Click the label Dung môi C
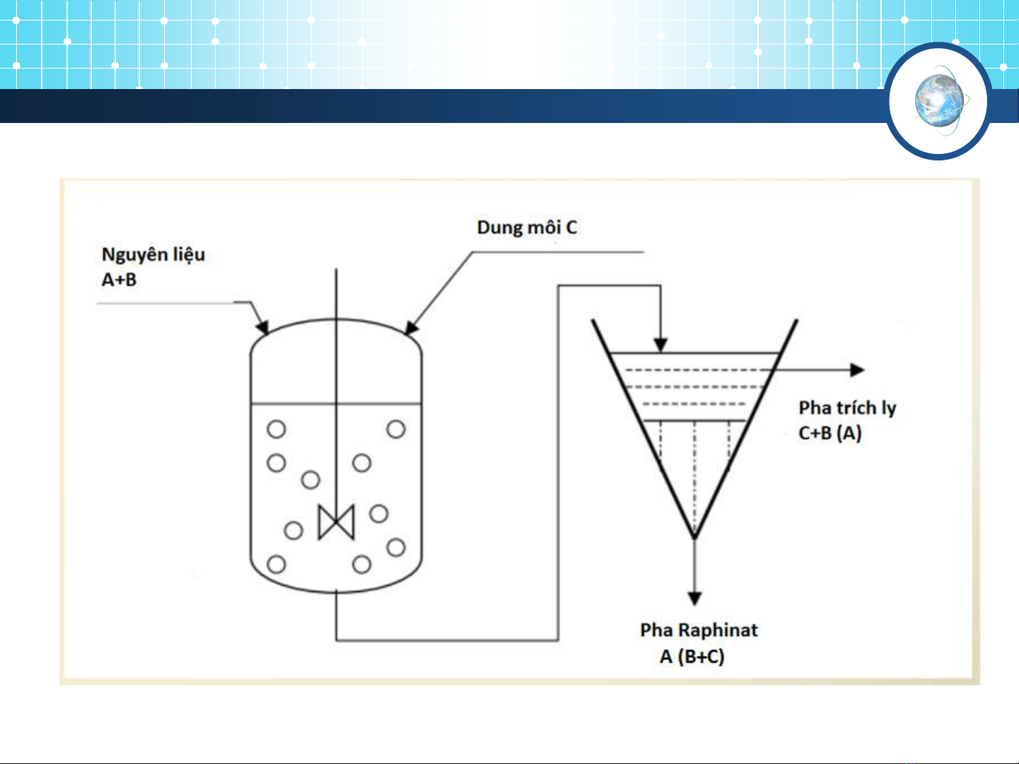(527, 228)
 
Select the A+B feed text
(119, 280)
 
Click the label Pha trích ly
(847, 409)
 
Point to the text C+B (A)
(830, 433)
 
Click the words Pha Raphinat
(699, 630)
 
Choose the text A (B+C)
(692, 657)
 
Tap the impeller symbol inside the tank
(336, 522)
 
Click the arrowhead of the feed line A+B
(263, 327)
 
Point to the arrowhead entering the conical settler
(660, 345)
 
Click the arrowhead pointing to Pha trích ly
(857, 370)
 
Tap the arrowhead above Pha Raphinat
(694, 599)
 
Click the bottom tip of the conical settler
(694, 538)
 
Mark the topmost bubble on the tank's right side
(396, 429)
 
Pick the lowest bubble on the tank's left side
(276, 565)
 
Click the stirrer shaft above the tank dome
(336, 293)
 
